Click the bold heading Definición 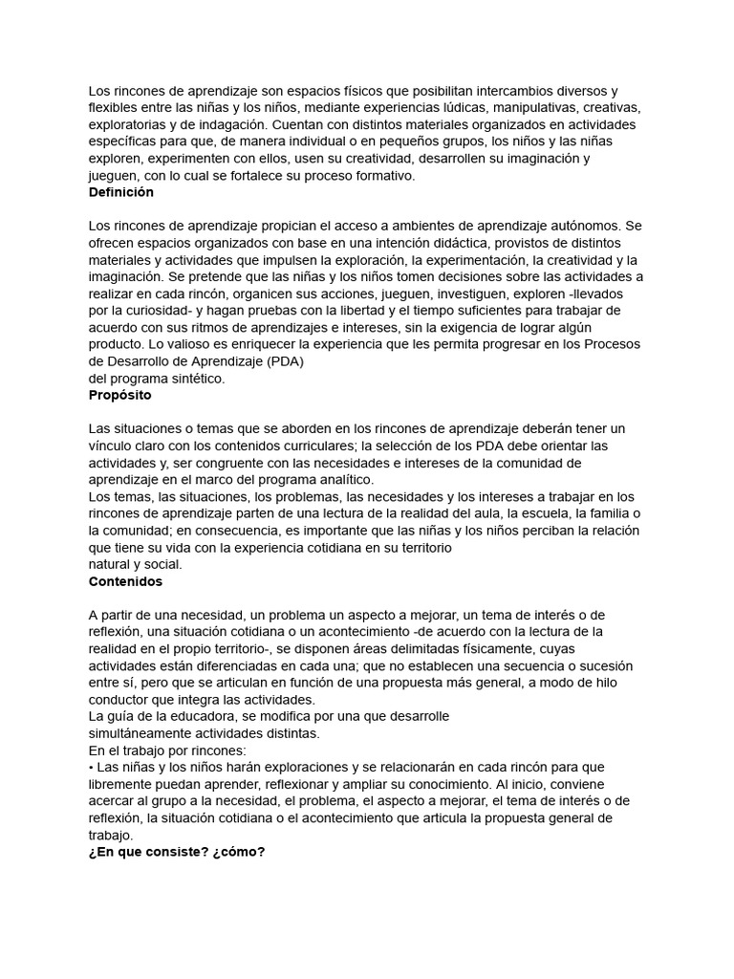120,192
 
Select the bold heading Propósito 119,395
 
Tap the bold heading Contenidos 125,580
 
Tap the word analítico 343,479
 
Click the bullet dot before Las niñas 92,768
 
